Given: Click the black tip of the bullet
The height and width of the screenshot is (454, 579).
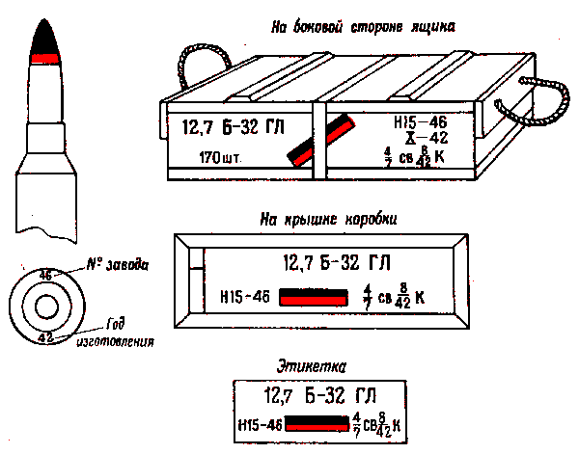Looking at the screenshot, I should click(44, 40).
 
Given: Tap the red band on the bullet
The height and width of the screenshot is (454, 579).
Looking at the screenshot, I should click(44, 59).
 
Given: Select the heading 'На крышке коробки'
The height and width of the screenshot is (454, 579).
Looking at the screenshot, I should click(329, 218).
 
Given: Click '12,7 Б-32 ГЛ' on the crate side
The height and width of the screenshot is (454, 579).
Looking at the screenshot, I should click(222, 126).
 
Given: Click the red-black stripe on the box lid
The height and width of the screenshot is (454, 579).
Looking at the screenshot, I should click(312, 297).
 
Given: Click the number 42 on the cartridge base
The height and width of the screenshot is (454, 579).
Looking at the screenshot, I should click(44, 337).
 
